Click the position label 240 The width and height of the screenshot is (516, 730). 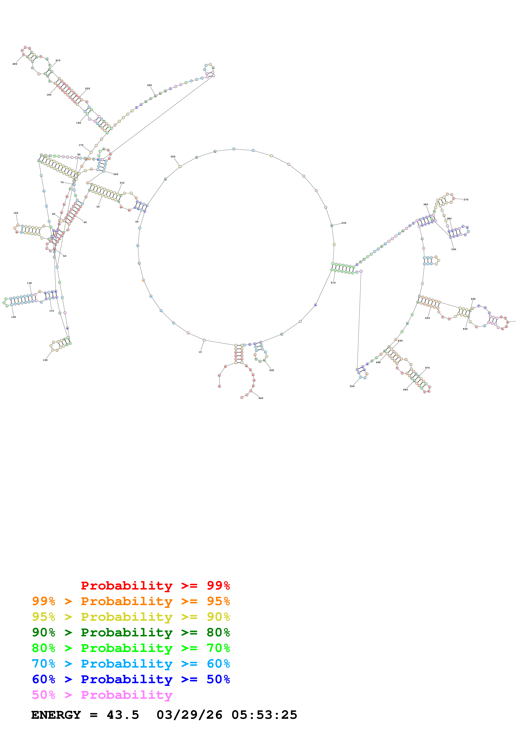[149, 85]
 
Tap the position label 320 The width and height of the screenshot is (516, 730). [173, 156]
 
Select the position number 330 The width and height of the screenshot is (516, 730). [344, 223]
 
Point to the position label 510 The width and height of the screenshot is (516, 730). [333, 283]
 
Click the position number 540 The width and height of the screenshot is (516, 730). [261, 398]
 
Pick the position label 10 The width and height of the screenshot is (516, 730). [200, 352]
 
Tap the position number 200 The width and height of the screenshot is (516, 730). [15, 64]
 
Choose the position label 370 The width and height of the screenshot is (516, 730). [466, 200]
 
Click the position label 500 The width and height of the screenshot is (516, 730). [352, 386]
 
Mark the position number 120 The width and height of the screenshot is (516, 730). [13, 317]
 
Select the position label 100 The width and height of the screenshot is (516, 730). [45, 360]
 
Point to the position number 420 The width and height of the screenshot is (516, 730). [473, 299]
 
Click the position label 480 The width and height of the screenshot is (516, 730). [405, 390]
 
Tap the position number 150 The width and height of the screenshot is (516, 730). [16, 213]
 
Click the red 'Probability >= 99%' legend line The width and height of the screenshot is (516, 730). [155, 586]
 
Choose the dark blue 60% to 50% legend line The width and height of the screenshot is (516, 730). [131, 679]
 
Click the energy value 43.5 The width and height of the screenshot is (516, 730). [123, 715]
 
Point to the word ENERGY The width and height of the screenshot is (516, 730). [56, 715]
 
